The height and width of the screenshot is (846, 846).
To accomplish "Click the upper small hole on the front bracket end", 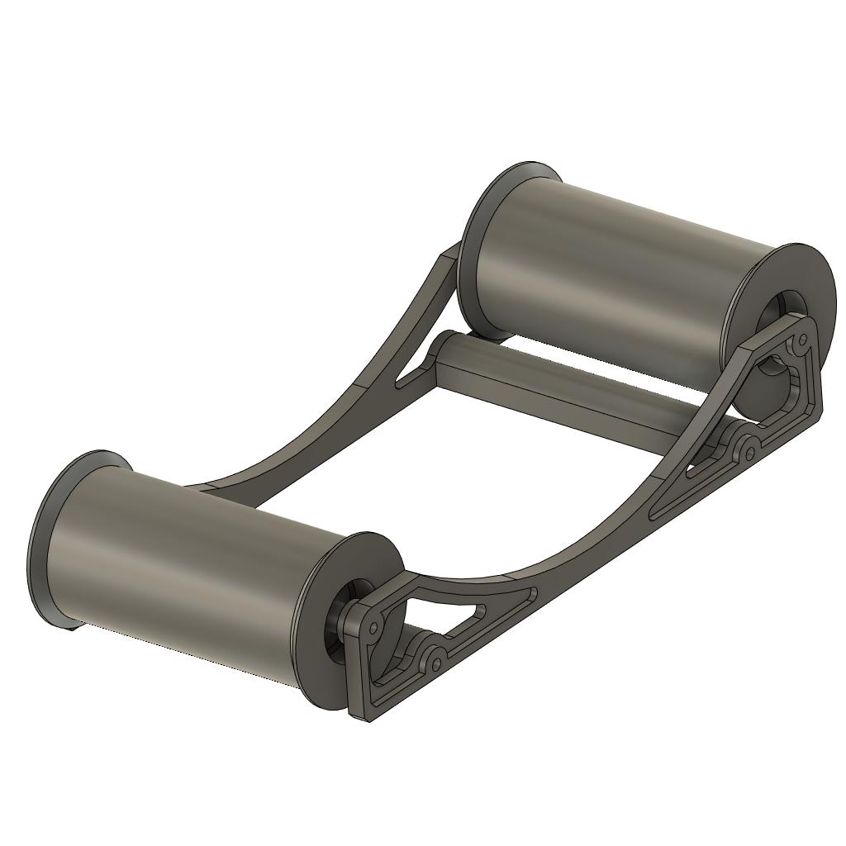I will (373, 629).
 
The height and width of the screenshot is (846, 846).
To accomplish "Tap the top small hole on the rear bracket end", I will (801, 339).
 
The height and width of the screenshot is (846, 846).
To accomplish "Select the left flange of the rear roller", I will (479, 240).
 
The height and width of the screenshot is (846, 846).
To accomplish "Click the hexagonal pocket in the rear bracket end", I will (777, 388).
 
